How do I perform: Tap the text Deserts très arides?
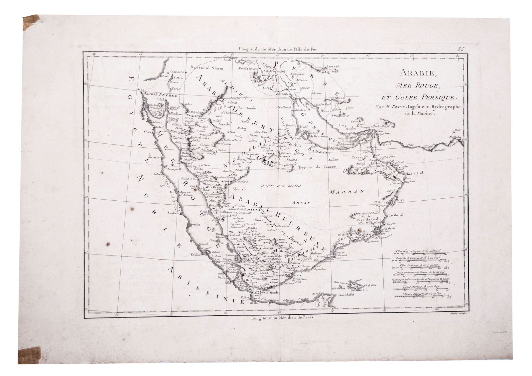pos(281,185)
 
